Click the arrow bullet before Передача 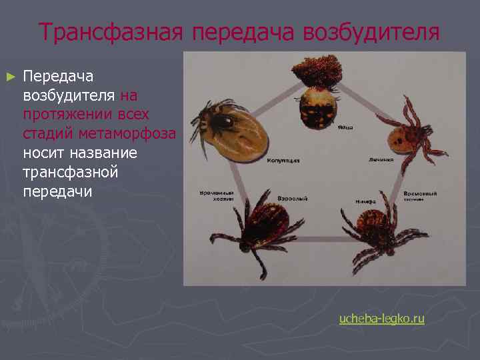click(x=9, y=77)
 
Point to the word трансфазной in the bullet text click(x=70, y=172)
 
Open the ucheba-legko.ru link click(x=381, y=319)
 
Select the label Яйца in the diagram click(x=345, y=127)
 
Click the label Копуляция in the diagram click(x=283, y=161)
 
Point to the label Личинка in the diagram click(x=381, y=161)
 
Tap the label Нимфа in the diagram click(x=367, y=200)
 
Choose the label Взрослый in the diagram click(x=292, y=199)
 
